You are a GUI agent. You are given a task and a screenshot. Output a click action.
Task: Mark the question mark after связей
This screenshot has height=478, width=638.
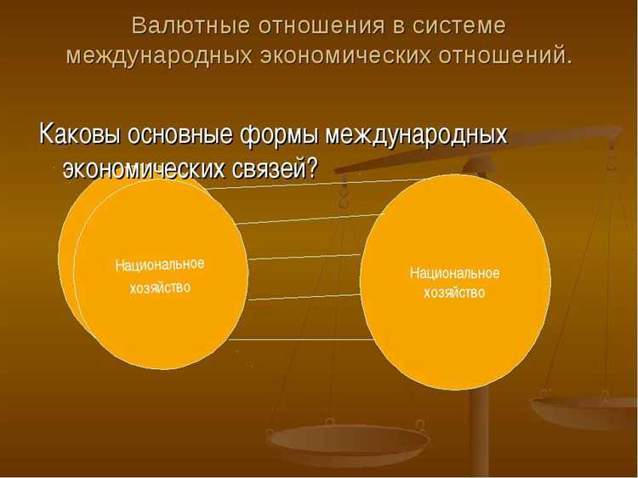(x=312, y=167)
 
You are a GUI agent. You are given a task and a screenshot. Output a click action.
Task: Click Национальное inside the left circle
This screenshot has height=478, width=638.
(x=160, y=265)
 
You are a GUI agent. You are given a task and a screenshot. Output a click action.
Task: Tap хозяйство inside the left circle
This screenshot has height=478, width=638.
(x=160, y=287)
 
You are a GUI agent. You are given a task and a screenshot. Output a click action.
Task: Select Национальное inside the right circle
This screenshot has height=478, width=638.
(x=454, y=273)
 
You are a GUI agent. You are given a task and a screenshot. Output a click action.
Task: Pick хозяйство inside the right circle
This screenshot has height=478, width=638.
(x=454, y=293)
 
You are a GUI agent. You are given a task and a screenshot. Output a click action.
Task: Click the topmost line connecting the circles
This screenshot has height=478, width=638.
(x=323, y=184)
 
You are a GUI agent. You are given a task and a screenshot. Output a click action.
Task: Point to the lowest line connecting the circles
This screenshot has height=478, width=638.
(x=306, y=339)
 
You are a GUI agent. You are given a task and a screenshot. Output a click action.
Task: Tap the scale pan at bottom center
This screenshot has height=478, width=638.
(x=349, y=441)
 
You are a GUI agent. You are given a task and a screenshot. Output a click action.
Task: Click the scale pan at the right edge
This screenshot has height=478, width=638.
(x=587, y=407)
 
